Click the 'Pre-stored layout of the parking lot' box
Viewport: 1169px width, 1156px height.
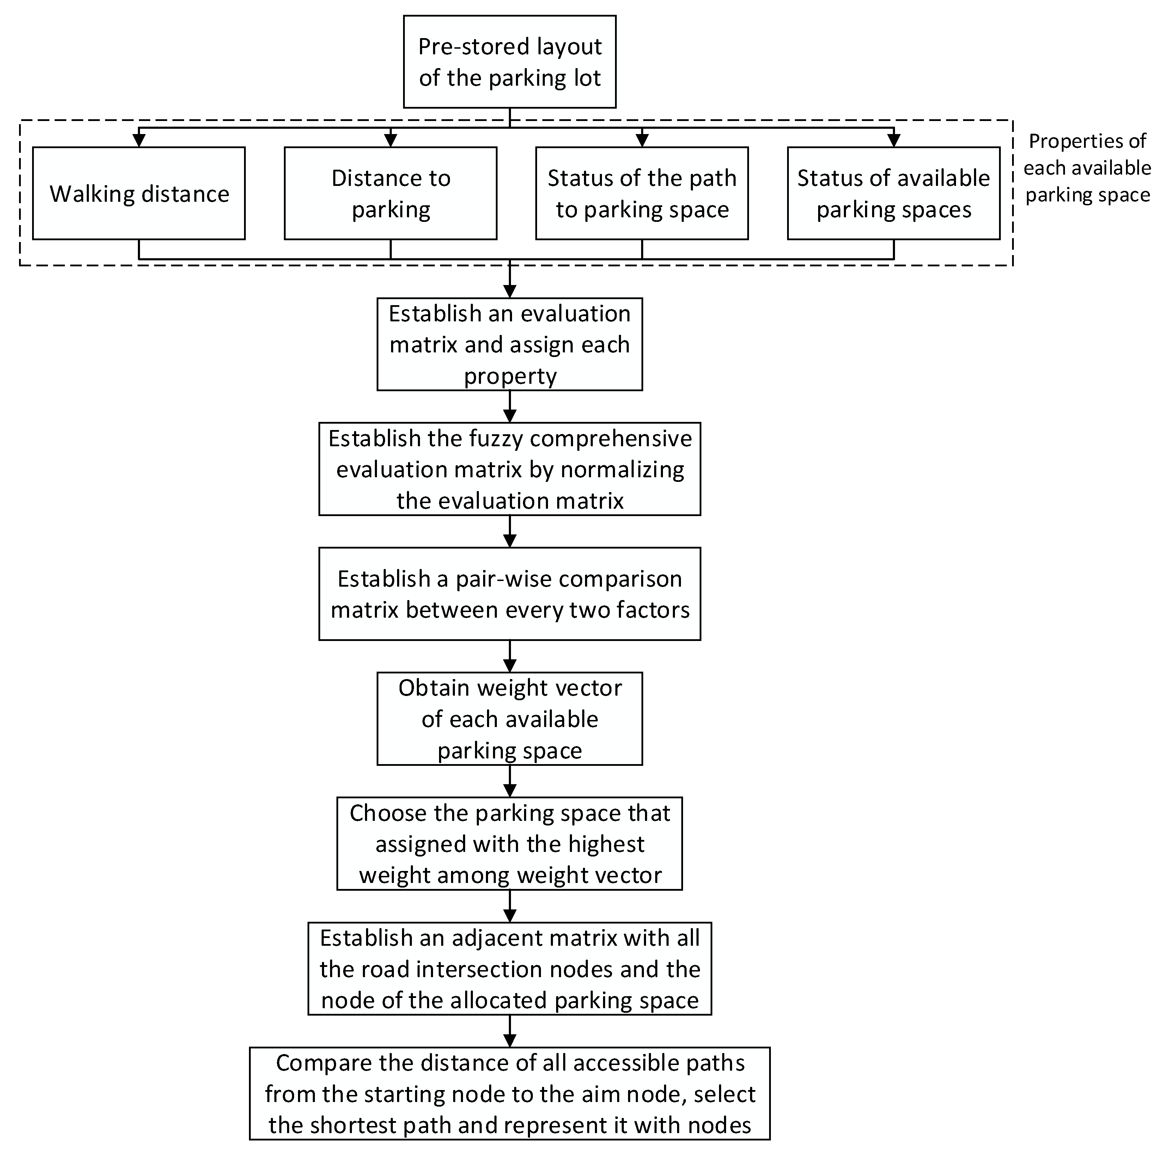(x=510, y=62)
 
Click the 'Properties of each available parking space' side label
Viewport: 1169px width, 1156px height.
(x=1087, y=168)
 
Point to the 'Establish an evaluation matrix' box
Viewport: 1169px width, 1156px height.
(x=510, y=344)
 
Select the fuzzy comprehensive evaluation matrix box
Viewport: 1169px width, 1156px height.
(x=510, y=469)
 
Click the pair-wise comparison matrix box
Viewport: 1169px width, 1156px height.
(x=510, y=594)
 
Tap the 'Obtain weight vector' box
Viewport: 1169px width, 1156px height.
(x=510, y=719)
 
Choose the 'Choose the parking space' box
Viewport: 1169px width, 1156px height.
(x=510, y=844)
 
